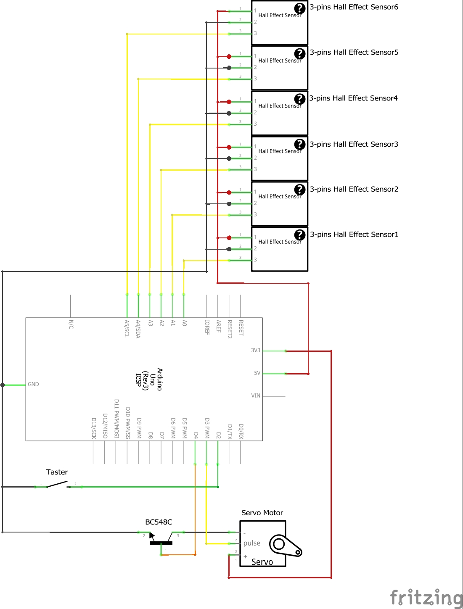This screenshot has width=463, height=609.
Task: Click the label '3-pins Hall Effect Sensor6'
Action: coord(354,7)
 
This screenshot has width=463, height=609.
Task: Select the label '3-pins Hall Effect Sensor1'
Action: coord(354,235)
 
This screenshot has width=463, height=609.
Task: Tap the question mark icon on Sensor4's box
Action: coord(299,99)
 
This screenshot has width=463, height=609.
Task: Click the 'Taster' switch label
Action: coord(57,472)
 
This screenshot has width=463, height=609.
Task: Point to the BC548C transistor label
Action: coord(159,522)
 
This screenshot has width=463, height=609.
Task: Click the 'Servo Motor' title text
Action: coord(262,513)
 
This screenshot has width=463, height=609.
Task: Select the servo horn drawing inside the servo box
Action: coord(285,546)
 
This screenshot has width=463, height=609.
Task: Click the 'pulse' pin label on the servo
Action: coord(251,543)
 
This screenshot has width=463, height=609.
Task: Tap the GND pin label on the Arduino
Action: coord(33,384)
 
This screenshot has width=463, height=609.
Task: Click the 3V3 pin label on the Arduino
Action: coord(256,350)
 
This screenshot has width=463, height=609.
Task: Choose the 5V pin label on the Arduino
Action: coord(257,373)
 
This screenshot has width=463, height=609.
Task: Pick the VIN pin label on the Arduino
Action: coord(256,395)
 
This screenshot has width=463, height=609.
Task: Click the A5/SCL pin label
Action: coord(127,328)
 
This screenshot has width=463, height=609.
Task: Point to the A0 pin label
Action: coord(184,323)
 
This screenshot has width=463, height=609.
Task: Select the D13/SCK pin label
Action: coord(94,428)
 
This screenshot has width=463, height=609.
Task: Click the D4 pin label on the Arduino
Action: coord(196,435)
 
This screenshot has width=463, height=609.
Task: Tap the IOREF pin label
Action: coord(207,327)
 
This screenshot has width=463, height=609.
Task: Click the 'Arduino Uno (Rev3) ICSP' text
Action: coord(149,379)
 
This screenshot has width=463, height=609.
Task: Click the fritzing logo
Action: coord(426,598)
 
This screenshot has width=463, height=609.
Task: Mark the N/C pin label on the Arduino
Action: coord(71,324)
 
